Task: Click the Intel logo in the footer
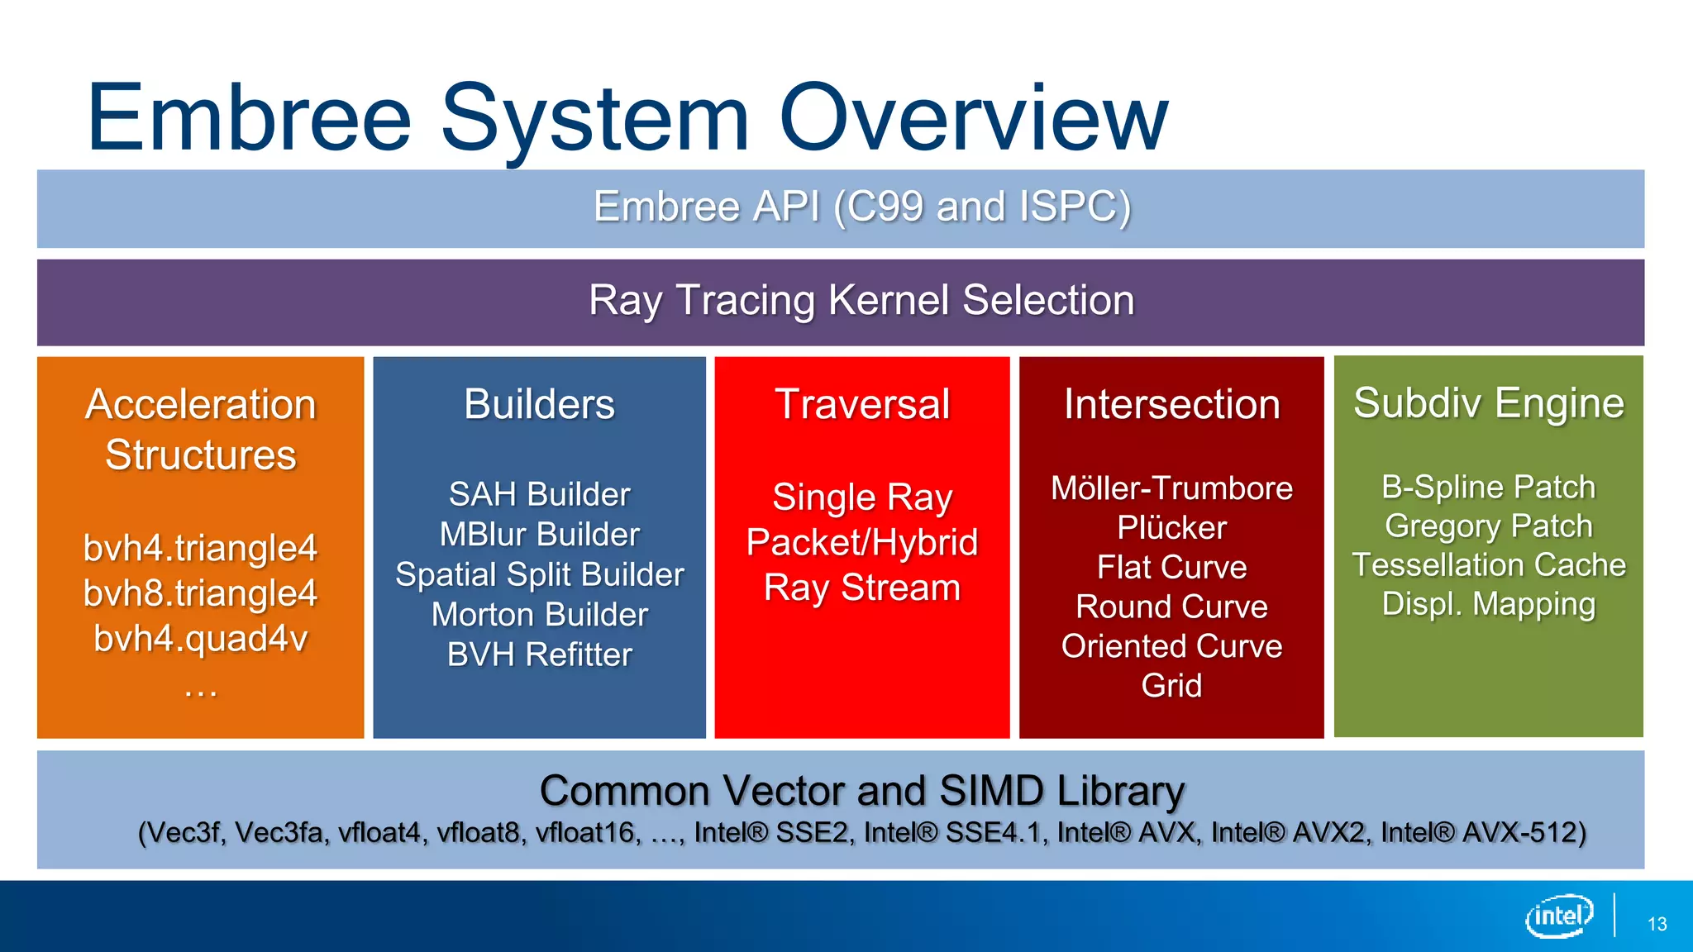tap(1559, 916)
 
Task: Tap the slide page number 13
tap(1657, 924)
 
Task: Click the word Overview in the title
tap(974, 117)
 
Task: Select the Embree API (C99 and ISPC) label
tap(861, 207)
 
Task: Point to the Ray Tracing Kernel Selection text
tap(861, 300)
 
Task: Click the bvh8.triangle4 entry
tap(200, 593)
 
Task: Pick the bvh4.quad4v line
tap(200, 638)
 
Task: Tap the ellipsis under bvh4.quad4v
tap(200, 691)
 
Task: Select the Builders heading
tap(539, 404)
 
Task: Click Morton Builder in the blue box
tap(539, 615)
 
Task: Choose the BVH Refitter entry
tap(539, 654)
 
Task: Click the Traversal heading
tap(861, 404)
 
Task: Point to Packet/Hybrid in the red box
tap(861, 542)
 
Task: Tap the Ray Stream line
tap(861, 588)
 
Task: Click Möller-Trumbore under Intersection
tap(1171, 488)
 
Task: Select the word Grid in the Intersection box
tap(1171, 686)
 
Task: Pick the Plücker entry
tap(1171, 528)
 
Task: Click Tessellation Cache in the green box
tap(1488, 565)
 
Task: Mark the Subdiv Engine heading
tap(1488, 403)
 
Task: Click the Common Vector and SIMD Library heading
tap(861, 791)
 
